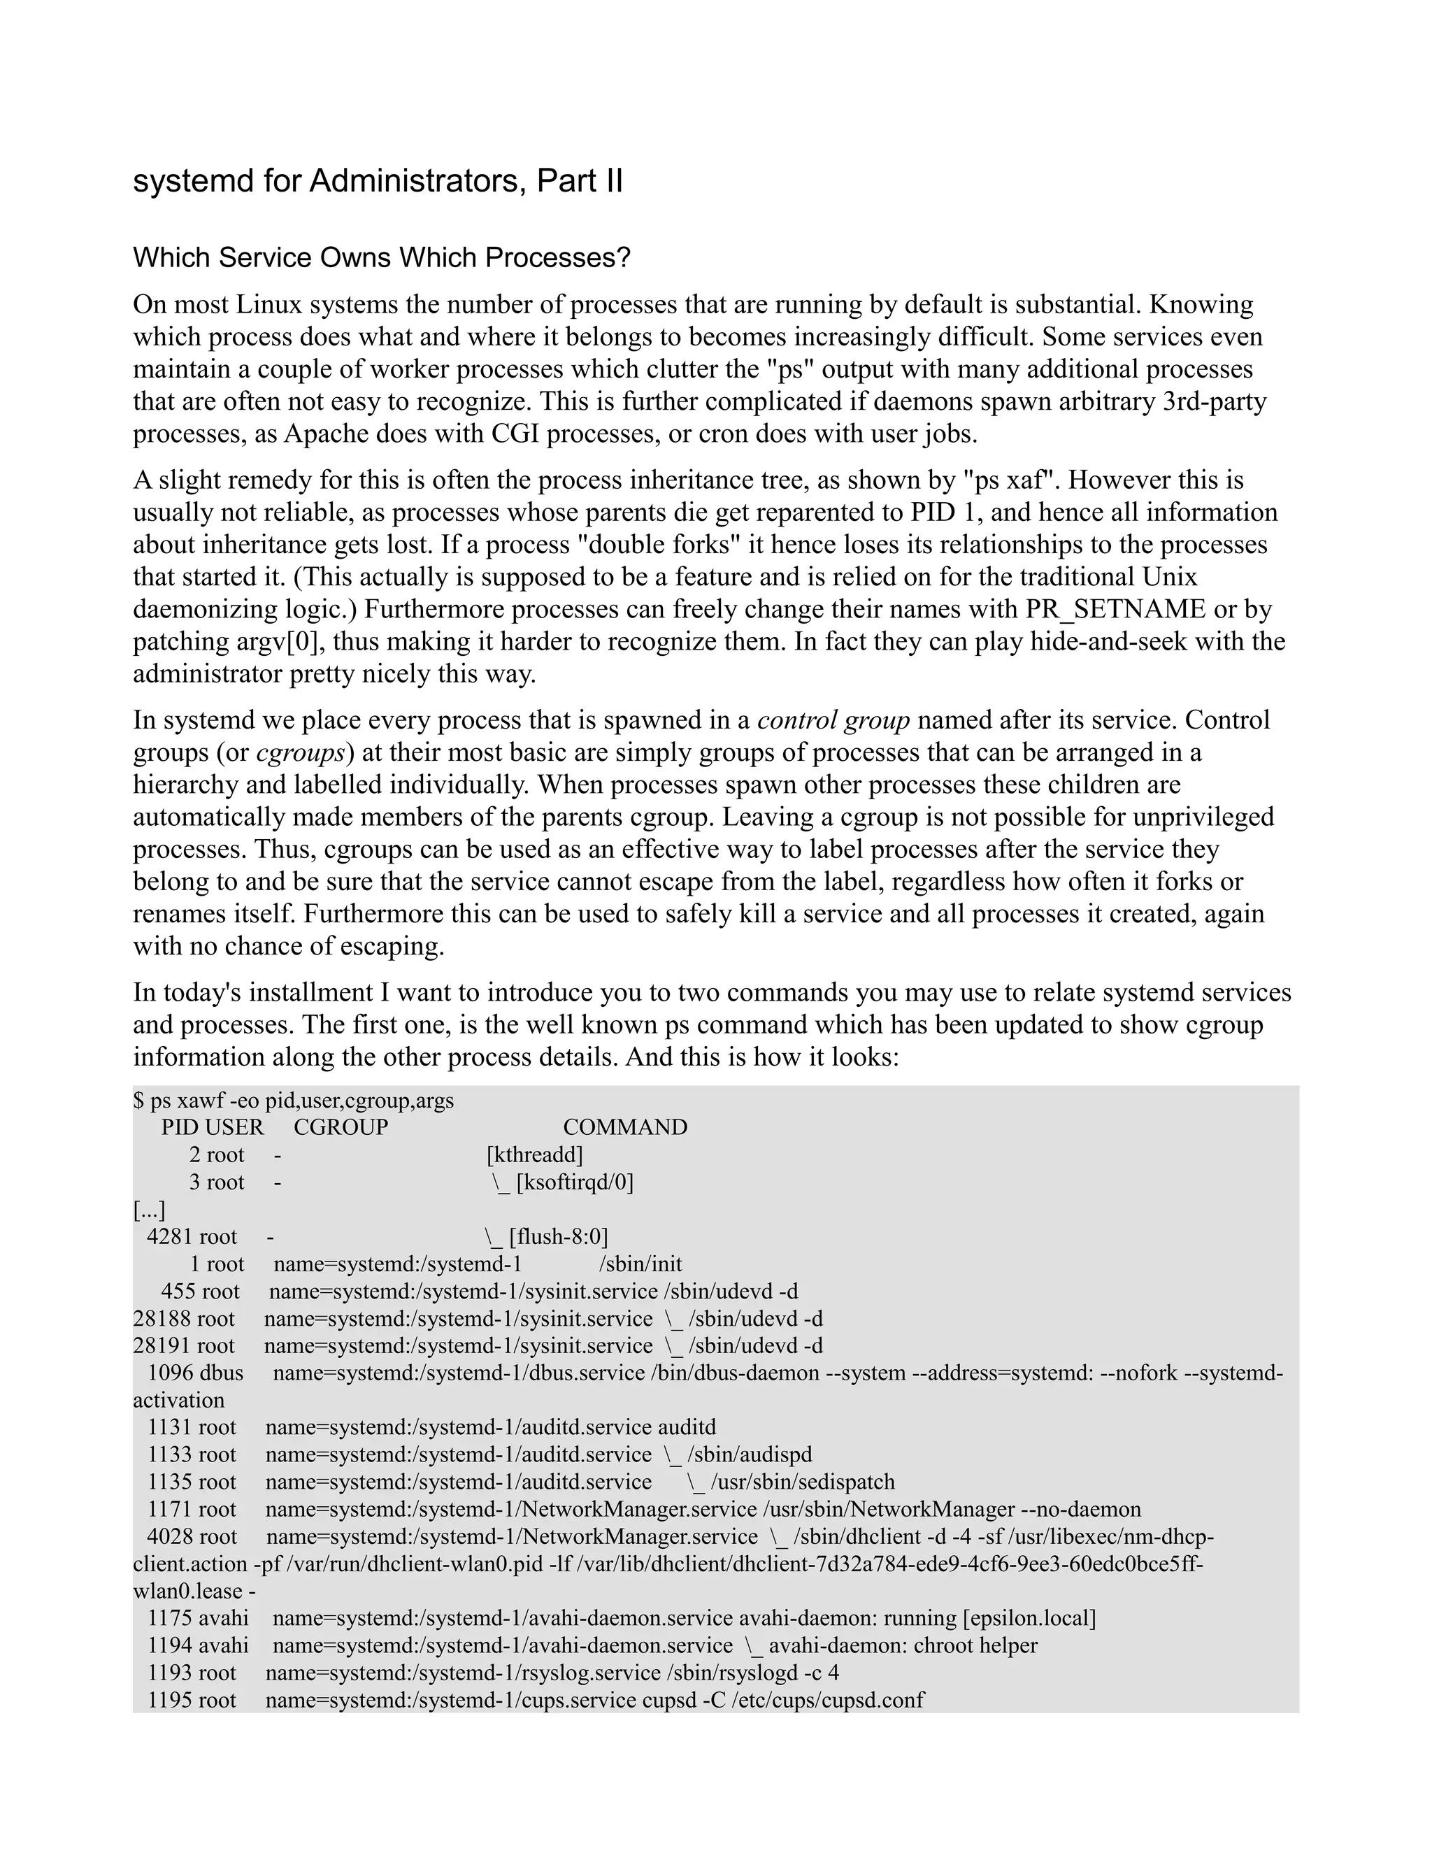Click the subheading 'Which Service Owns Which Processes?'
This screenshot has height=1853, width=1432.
(382, 258)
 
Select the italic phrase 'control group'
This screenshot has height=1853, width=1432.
(833, 720)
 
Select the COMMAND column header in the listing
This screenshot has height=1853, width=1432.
(625, 1128)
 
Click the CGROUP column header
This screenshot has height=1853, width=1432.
(341, 1128)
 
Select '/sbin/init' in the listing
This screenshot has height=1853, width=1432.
(640, 1264)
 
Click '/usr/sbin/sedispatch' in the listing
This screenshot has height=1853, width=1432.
(803, 1482)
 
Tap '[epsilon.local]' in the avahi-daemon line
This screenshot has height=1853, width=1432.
(1029, 1619)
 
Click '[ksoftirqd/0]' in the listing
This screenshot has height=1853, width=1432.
(574, 1182)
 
